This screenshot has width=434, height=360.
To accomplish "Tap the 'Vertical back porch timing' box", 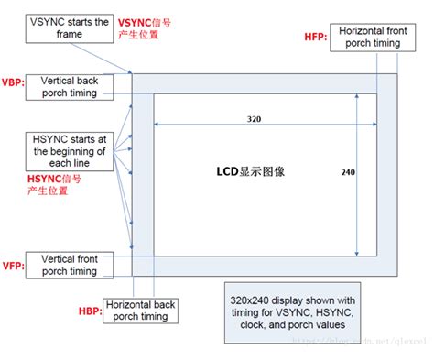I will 75,87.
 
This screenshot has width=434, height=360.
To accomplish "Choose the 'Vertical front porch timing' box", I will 75,265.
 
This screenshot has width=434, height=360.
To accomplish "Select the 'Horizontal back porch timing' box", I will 140,311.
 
